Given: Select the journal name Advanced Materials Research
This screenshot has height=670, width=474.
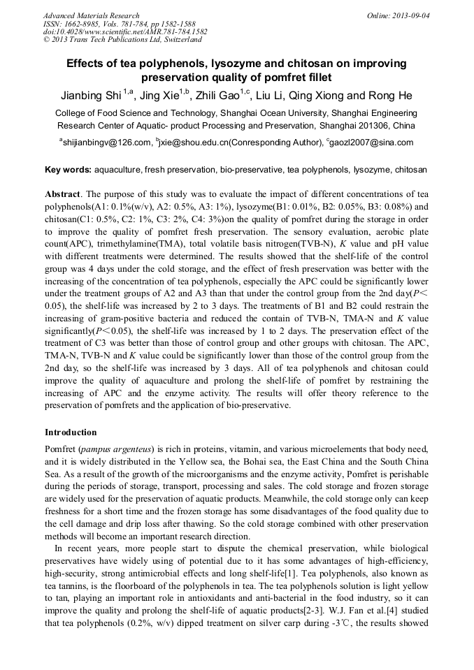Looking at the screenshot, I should (91, 15).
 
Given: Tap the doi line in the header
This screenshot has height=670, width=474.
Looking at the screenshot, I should (125, 31).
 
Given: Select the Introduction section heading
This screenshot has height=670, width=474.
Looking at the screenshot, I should (71, 432).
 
